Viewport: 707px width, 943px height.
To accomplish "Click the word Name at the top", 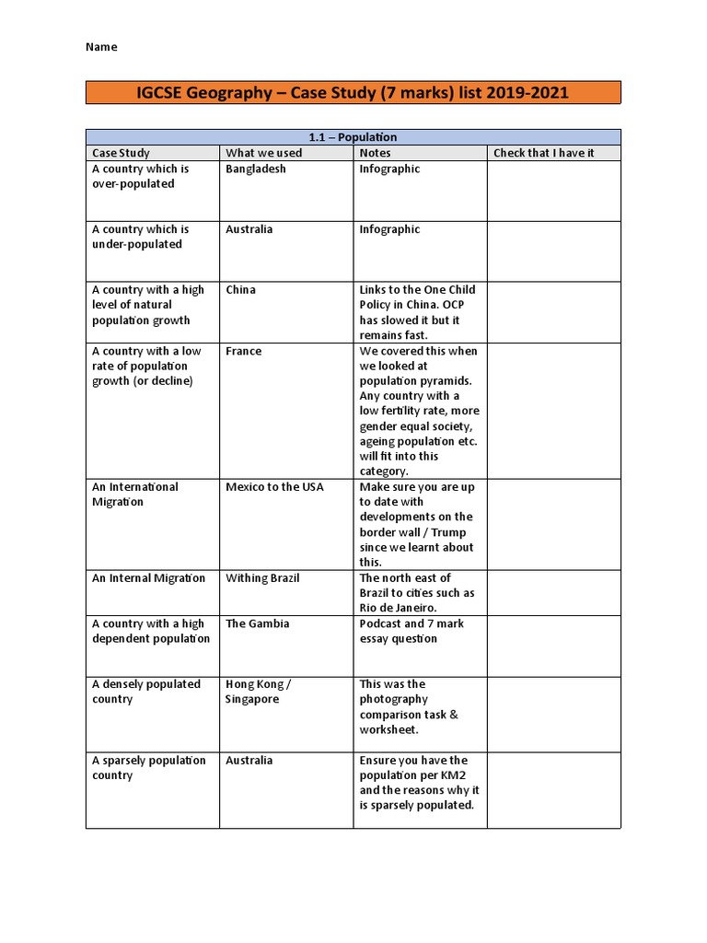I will (x=102, y=47).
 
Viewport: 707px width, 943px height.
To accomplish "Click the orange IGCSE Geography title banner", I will (x=353, y=93).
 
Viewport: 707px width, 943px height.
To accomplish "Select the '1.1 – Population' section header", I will (x=353, y=137).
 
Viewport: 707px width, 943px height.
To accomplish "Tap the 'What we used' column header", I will (x=263, y=153).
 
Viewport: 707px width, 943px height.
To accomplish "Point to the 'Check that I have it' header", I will (x=544, y=153).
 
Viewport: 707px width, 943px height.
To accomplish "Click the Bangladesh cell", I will (x=256, y=169).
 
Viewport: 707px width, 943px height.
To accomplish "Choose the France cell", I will (x=244, y=351).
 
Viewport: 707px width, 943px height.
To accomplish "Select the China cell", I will (x=241, y=290).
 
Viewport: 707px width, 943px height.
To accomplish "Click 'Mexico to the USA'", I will (x=275, y=487).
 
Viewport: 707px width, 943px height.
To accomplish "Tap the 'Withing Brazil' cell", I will (x=263, y=578).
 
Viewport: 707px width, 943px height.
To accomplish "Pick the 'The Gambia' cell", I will (x=258, y=623).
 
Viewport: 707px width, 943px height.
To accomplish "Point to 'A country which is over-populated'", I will (x=140, y=177).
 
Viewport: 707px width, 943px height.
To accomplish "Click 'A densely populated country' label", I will (x=145, y=692).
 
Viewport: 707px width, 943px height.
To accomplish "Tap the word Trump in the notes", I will (x=448, y=532).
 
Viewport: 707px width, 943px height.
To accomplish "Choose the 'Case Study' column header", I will (x=121, y=153).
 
